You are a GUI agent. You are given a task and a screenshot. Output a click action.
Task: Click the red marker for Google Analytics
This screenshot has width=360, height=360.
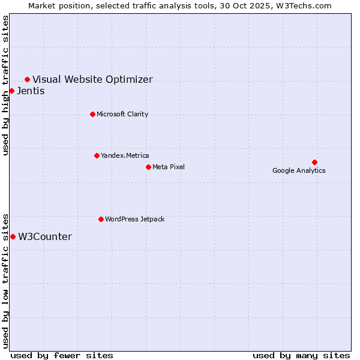(314, 162)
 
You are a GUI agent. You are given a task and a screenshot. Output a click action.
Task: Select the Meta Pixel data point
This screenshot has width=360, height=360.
(148, 167)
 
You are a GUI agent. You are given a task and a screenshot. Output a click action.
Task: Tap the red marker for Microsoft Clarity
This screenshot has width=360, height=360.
(92, 114)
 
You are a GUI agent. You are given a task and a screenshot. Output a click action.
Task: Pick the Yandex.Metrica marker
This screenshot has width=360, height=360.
(97, 155)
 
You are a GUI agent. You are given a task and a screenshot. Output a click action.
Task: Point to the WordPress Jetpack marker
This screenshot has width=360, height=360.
(101, 219)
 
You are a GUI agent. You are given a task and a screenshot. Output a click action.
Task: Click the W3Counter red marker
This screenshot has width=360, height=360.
(13, 236)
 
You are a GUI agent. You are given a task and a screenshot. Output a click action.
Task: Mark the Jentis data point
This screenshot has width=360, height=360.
(11, 91)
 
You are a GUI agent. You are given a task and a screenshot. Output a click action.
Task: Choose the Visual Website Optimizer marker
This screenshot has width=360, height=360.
(27, 79)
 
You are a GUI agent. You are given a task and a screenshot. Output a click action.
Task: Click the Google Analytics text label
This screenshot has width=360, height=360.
(299, 170)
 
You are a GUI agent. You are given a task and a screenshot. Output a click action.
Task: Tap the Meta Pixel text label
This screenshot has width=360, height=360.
(169, 167)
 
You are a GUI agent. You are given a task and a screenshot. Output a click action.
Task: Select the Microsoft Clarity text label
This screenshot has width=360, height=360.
(122, 114)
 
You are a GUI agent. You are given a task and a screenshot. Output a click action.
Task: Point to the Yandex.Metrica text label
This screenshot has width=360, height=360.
(125, 155)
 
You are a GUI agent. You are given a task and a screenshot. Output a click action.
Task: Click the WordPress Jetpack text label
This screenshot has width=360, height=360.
(134, 219)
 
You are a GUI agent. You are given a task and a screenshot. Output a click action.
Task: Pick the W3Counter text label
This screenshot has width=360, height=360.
(45, 236)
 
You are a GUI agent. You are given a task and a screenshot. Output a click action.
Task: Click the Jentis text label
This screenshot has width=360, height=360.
(31, 91)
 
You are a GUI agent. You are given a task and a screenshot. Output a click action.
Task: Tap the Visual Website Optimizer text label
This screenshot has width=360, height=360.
(92, 79)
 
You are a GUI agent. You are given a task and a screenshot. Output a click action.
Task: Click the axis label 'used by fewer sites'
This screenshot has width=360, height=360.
(62, 355)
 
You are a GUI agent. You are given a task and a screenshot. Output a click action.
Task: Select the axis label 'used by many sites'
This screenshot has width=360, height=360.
(301, 355)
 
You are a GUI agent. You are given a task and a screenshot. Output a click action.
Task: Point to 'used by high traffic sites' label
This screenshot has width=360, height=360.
(6, 85)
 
